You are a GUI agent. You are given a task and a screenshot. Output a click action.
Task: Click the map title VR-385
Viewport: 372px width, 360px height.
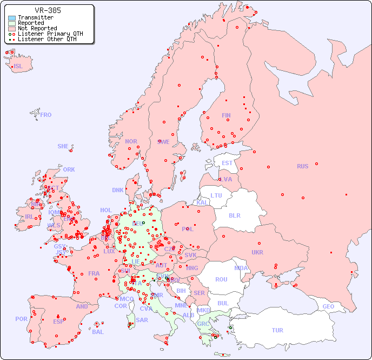click(x=48, y=10)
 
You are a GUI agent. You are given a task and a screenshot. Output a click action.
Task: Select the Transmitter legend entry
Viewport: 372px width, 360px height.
click(x=35, y=18)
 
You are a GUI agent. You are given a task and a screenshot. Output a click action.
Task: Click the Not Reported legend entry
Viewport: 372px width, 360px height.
click(x=37, y=28)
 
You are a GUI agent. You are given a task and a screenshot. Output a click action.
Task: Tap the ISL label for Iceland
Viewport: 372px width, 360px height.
click(x=18, y=67)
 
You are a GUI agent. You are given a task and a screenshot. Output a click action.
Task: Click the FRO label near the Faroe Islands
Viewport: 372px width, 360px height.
click(x=46, y=115)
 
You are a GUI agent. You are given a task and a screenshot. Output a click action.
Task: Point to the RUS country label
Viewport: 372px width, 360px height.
click(x=302, y=166)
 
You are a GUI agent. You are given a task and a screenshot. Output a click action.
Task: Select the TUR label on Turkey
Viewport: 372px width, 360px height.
click(x=277, y=330)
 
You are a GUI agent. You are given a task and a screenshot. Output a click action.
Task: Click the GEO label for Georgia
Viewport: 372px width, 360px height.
click(x=328, y=306)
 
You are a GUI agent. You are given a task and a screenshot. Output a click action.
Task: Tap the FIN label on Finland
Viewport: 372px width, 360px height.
click(x=226, y=115)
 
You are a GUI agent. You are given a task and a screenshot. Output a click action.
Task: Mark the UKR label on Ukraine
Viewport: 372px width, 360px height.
click(x=257, y=252)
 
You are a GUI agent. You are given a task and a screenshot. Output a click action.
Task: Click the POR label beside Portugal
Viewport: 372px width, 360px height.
click(x=21, y=319)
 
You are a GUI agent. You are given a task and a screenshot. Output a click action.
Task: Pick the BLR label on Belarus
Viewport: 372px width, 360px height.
click(x=234, y=215)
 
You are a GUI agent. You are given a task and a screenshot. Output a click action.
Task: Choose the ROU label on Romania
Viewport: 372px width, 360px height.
click(x=221, y=279)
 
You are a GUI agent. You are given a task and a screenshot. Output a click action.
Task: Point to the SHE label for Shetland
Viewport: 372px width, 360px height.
click(x=63, y=146)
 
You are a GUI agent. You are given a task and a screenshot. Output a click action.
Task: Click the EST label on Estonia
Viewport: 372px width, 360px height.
click(x=227, y=163)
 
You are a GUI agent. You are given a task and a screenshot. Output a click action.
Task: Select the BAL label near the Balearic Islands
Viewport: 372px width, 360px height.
click(x=97, y=332)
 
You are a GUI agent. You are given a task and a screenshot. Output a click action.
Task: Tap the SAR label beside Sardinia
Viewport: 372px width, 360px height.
click(x=142, y=320)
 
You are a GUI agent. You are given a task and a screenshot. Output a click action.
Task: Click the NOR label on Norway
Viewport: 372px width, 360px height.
click(x=131, y=141)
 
